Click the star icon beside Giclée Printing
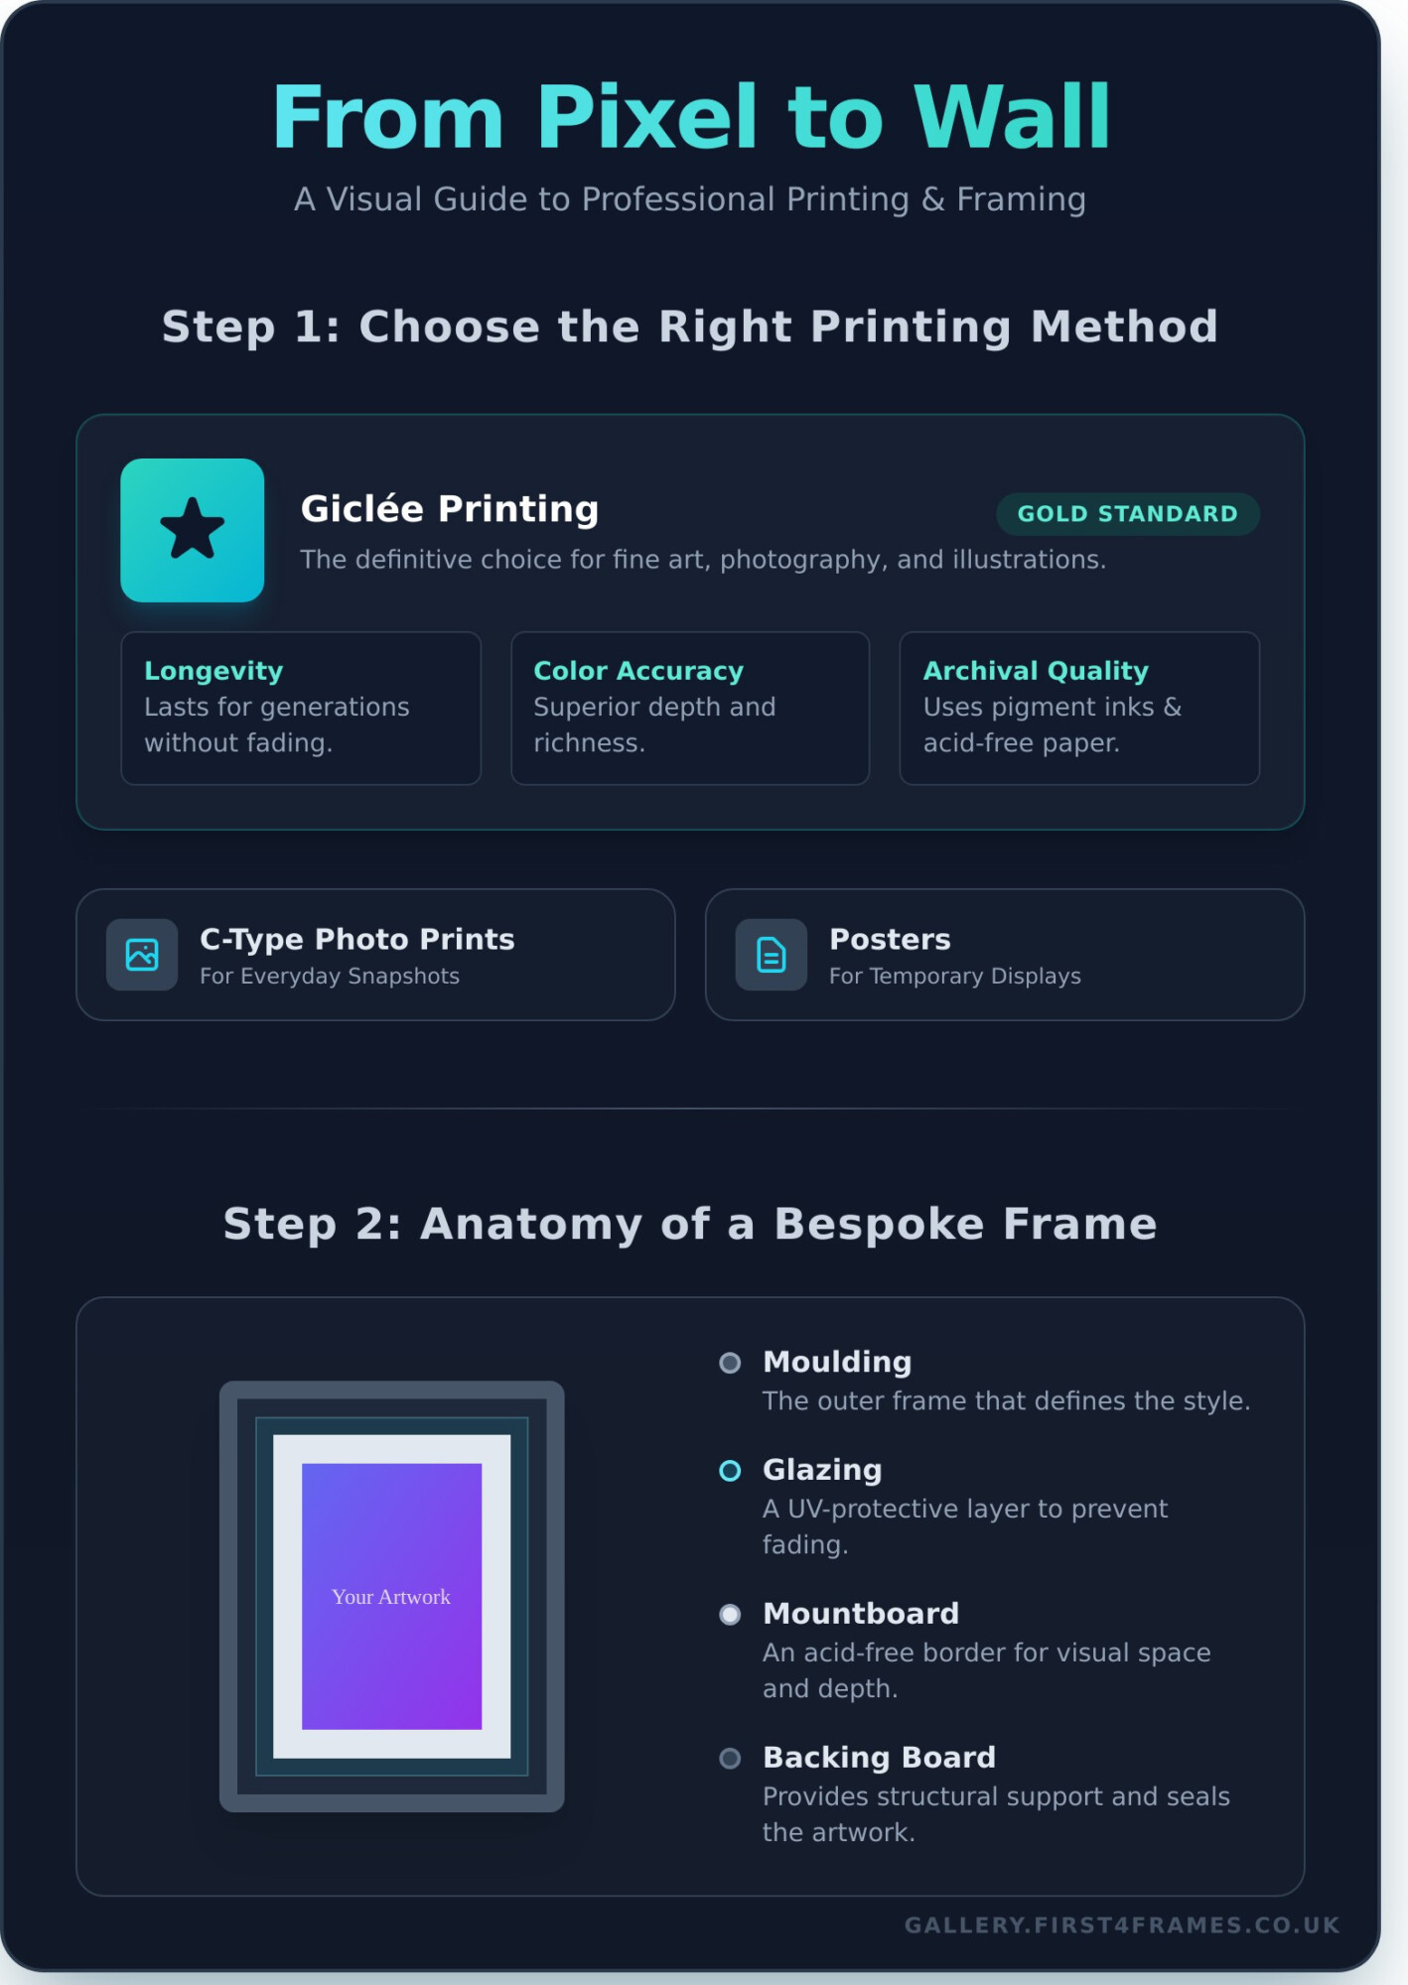[192, 529]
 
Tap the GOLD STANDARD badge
[1127, 514]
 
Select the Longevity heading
[213, 671]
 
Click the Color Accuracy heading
[638, 671]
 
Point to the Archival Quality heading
[1036, 671]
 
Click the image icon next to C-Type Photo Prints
[142, 955]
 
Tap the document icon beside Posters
[771, 955]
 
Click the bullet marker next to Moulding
[730, 1363]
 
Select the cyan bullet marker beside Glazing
[730, 1471]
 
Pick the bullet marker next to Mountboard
[730, 1615]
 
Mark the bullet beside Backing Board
[730, 1759]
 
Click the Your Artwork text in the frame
[391, 1597]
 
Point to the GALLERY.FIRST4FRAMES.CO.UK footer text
[1122, 1925]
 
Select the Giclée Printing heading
[450, 509]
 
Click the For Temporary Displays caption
[955, 977]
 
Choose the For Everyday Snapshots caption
[330, 977]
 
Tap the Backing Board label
[879, 1758]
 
